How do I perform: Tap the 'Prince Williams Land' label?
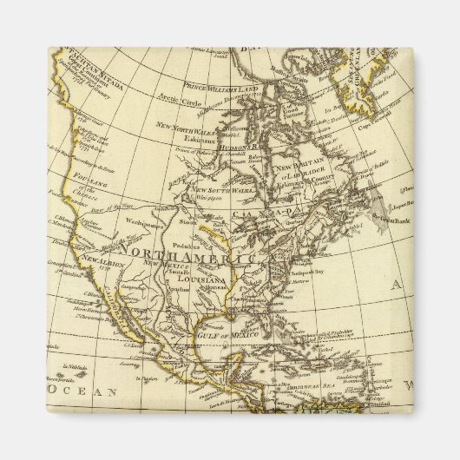click(x=220, y=86)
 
